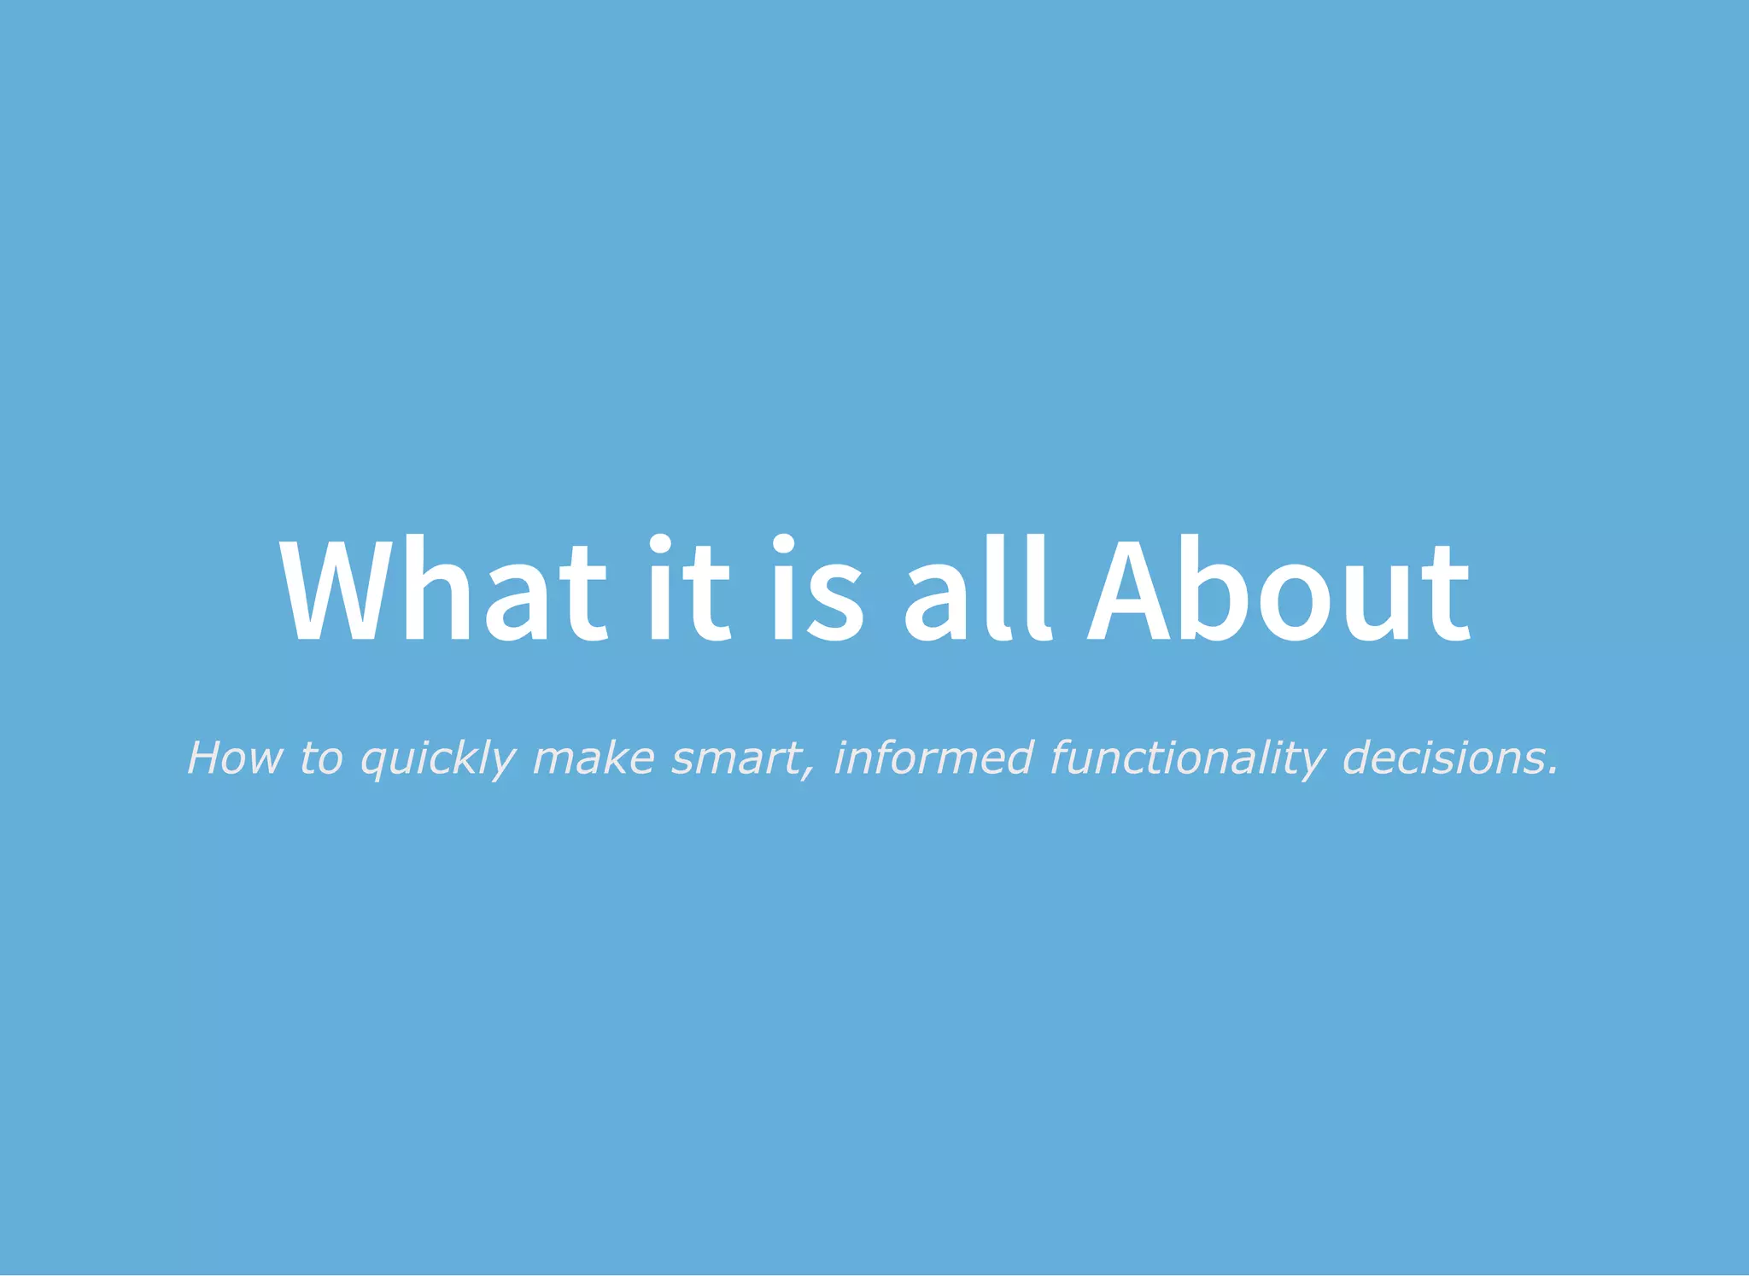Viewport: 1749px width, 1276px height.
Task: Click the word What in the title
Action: tap(443, 589)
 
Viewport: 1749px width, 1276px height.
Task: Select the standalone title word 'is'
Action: tap(817, 589)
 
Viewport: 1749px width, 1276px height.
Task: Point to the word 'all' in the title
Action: tap(977, 589)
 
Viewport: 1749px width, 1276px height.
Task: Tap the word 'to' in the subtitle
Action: tap(321, 758)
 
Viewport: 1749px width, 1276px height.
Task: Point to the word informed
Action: tap(933, 758)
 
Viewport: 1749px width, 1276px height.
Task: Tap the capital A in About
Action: tap(1129, 589)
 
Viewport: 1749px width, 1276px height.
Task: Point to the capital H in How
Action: tap(207, 758)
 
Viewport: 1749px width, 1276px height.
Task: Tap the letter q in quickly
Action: tap(372, 762)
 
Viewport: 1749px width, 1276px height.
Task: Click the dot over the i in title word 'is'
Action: tap(783, 544)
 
